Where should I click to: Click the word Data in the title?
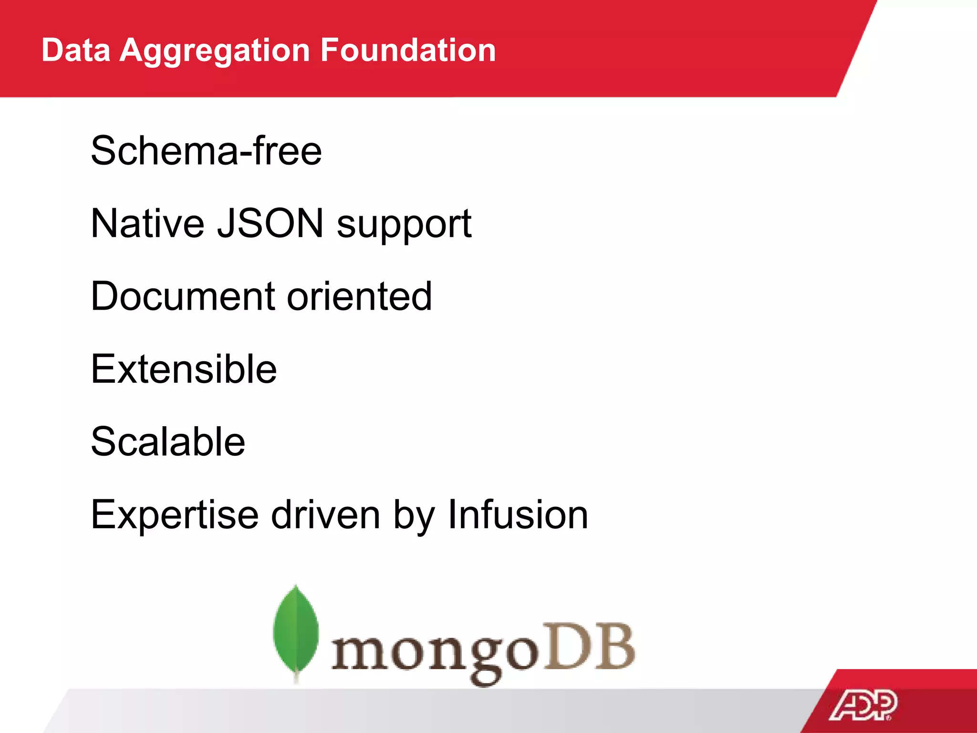(x=76, y=50)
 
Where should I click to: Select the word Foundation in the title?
(x=408, y=50)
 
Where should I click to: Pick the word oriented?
(x=360, y=296)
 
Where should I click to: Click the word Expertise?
(x=175, y=515)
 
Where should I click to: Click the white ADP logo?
(x=863, y=705)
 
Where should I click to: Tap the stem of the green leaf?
(x=296, y=677)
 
